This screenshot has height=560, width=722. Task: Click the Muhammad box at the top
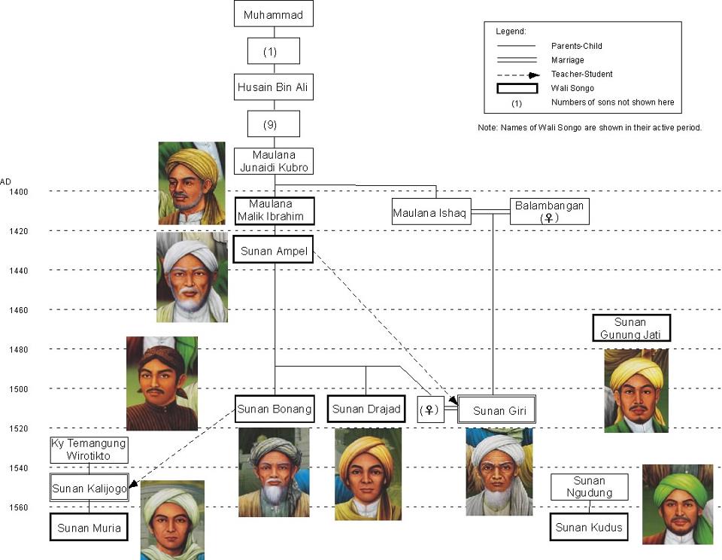point(274,14)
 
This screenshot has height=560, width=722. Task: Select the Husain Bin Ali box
point(274,87)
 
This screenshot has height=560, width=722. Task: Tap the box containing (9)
point(274,124)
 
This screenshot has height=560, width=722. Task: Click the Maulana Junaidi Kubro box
point(274,161)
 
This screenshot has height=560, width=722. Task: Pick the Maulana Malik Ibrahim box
point(274,210)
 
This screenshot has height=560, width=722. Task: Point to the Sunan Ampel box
point(274,251)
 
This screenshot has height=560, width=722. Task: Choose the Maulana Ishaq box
point(430,214)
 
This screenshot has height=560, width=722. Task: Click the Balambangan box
point(549,211)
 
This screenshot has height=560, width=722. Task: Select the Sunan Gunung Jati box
point(631,327)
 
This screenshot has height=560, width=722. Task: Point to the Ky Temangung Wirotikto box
point(89,449)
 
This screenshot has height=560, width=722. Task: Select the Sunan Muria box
point(89,528)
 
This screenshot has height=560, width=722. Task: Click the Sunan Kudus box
point(589,527)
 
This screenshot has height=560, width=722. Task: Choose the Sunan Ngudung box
point(589,487)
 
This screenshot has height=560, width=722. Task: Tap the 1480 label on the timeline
point(18,349)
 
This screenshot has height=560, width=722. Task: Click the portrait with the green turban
point(677,504)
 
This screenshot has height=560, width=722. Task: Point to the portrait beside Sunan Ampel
point(192,277)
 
